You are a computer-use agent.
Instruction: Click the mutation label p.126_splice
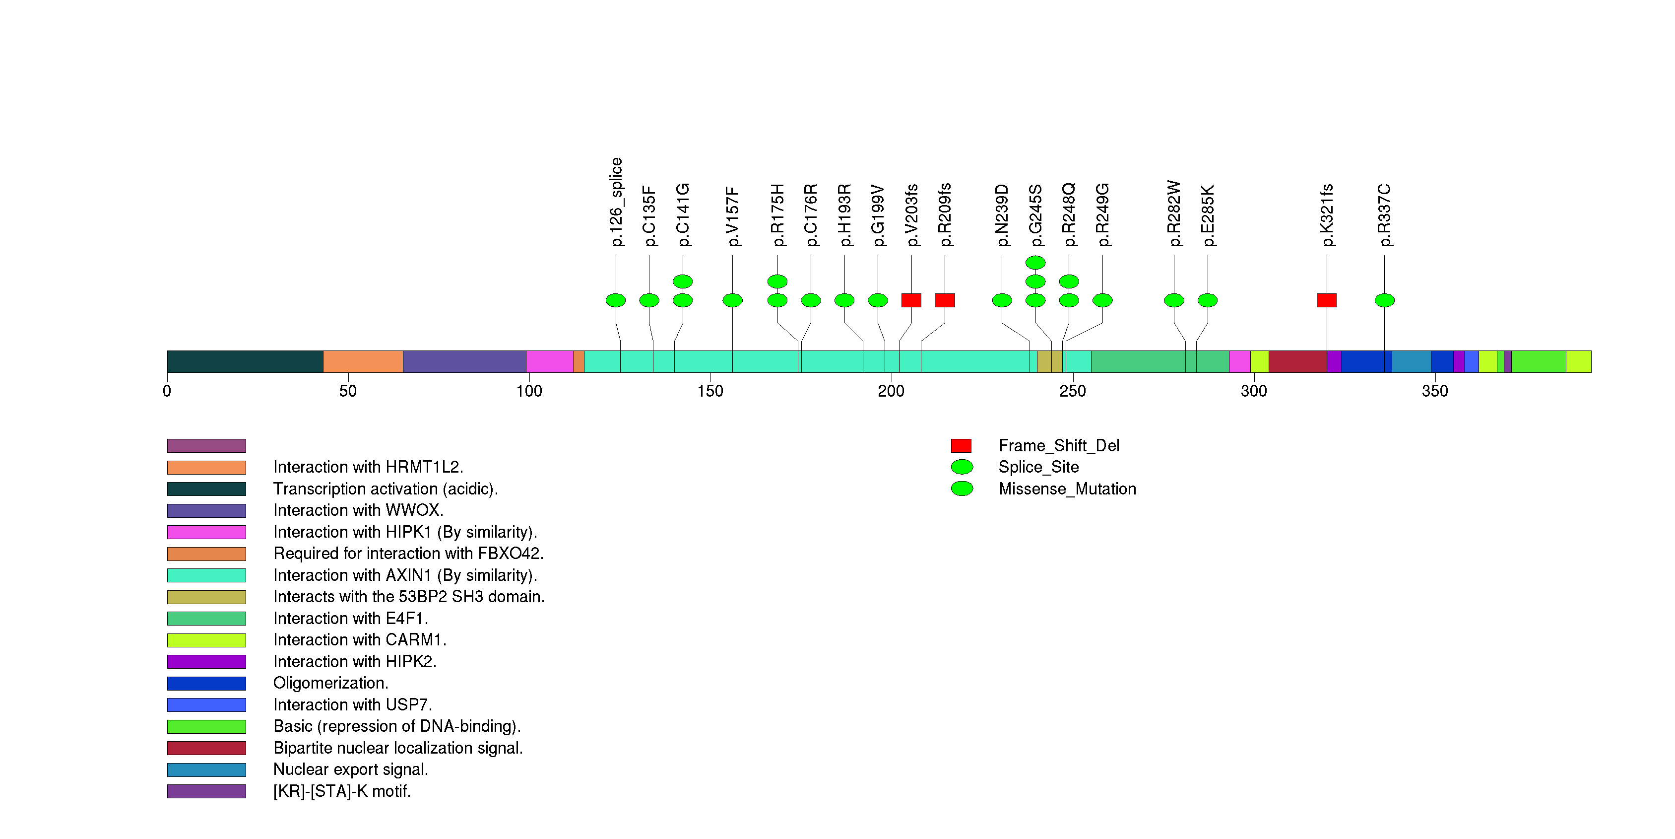(x=616, y=202)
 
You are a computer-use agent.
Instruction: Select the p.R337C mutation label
(x=1384, y=214)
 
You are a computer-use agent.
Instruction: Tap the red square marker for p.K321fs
(x=1327, y=300)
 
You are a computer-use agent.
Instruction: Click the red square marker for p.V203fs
(x=911, y=300)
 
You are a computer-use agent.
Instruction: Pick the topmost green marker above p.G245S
(x=1035, y=263)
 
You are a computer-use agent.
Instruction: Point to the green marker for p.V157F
(x=732, y=300)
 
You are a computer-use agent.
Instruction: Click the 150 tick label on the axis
(x=710, y=391)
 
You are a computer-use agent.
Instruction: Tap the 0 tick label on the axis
(x=167, y=391)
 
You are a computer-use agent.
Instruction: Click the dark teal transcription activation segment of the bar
(x=245, y=361)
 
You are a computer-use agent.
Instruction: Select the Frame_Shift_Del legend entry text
(x=1059, y=445)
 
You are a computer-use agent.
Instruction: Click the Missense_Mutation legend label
(x=1067, y=489)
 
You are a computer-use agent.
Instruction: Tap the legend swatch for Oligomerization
(x=206, y=683)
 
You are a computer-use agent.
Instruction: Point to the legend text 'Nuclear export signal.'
(x=350, y=769)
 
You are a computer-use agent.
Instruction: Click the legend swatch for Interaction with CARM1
(x=206, y=640)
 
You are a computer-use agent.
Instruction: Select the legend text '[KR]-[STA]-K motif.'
(x=342, y=791)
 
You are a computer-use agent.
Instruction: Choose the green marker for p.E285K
(x=1208, y=300)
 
